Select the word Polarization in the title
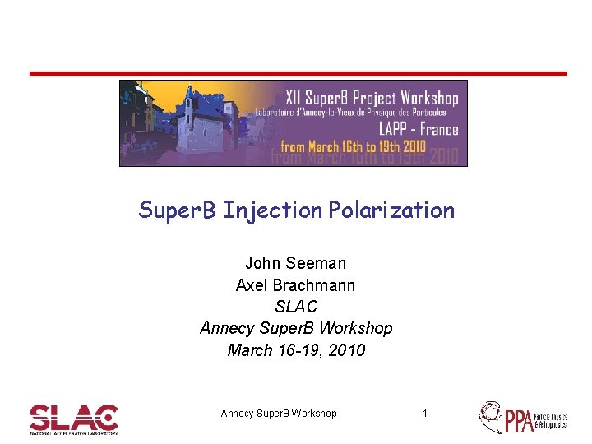[391, 210]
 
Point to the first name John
[262, 264]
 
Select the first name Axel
[252, 285]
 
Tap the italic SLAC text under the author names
[296, 307]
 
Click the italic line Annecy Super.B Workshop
[296, 328]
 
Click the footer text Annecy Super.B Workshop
[279, 414]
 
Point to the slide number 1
[424, 414]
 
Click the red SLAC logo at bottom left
[74, 418]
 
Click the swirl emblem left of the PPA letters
[491, 416]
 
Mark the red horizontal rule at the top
[298, 74]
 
